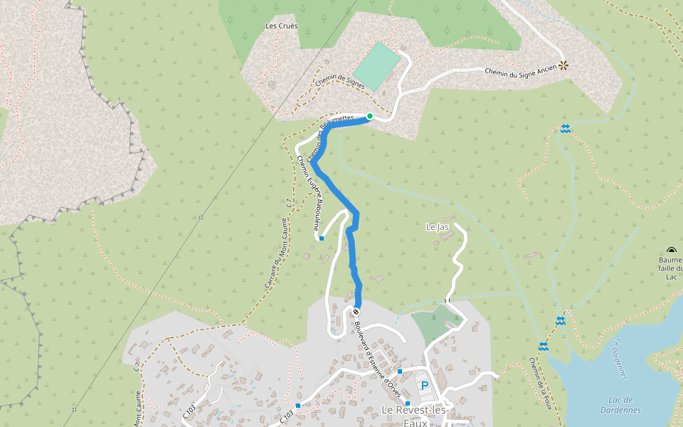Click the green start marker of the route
[370, 116]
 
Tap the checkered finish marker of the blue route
[356, 312]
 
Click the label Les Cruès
[281, 26]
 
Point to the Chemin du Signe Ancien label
[521, 70]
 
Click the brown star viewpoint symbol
[563, 65]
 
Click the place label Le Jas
[437, 227]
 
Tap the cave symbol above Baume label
[672, 250]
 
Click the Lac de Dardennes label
[620, 405]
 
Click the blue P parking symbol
[425, 386]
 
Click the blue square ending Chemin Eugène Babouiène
[322, 238]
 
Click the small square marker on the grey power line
[201, 217]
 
